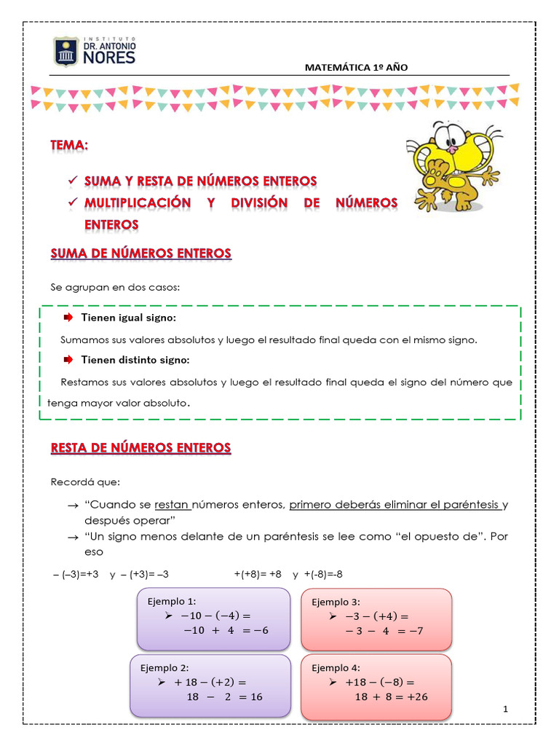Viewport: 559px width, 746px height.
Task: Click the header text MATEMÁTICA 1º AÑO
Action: [356, 67]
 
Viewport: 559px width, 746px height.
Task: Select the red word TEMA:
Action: [69, 145]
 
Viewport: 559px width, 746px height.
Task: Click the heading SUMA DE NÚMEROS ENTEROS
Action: [140, 254]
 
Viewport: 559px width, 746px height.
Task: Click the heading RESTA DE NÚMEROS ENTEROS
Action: [140, 447]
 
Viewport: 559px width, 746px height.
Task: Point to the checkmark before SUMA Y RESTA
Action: [71, 180]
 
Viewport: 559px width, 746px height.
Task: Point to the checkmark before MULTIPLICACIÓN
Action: [71, 202]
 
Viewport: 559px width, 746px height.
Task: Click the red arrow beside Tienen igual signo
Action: [68, 318]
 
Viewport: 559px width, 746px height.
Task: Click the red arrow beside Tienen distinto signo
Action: [68, 360]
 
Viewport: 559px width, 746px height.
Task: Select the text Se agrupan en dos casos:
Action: [114, 288]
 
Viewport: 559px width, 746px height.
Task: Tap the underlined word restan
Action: [172, 504]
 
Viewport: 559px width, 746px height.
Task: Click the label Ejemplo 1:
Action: [172, 601]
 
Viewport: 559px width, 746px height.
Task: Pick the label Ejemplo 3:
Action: [336, 602]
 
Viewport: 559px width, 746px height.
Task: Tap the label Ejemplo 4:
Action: [336, 667]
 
